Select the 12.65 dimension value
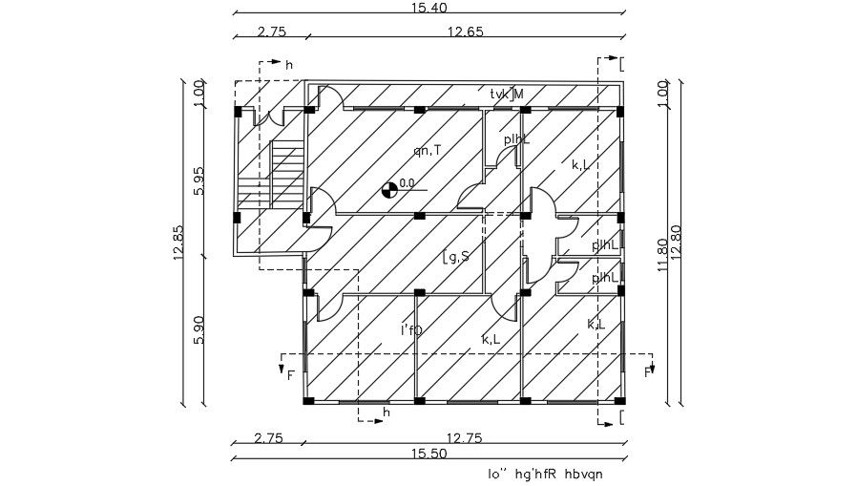click(465, 32)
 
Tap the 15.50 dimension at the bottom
click(428, 454)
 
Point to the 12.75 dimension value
click(465, 438)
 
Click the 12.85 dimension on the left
click(178, 245)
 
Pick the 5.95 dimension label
click(199, 181)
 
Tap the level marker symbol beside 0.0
click(389, 189)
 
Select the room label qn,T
click(427, 150)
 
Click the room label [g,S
click(456, 256)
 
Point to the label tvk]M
click(507, 94)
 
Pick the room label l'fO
click(411, 330)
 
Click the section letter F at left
click(290, 374)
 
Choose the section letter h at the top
click(288, 65)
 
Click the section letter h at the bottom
click(387, 412)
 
